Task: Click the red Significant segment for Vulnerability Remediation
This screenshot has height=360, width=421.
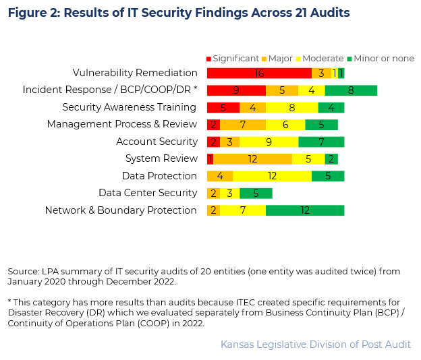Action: click(x=259, y=73)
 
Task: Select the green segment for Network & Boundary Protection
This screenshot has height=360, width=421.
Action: click(x=305, y=210)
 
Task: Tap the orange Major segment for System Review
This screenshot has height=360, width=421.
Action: click(x=252, y=159)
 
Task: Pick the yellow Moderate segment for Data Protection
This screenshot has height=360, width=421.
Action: click(x=272, y=176)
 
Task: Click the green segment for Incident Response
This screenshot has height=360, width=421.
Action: click(x=350, y=90)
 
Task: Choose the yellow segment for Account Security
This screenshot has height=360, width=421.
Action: click(x=269, y=142)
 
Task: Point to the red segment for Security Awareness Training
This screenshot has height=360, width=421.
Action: click(x=223, y=108)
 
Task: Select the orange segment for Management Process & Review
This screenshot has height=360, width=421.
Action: click(x=242, y=125)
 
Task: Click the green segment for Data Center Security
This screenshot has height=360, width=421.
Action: click(x=256, y=193)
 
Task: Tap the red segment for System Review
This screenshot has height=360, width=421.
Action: click(x=210, y=159)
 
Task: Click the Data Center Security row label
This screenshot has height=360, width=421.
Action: click(x=147, y=193)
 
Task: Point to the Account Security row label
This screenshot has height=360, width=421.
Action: click(x=156, y=142)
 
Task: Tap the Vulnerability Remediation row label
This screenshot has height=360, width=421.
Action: click(x=135, y=73)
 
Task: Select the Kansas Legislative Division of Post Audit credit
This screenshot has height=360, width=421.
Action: click(x=315, y=344)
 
